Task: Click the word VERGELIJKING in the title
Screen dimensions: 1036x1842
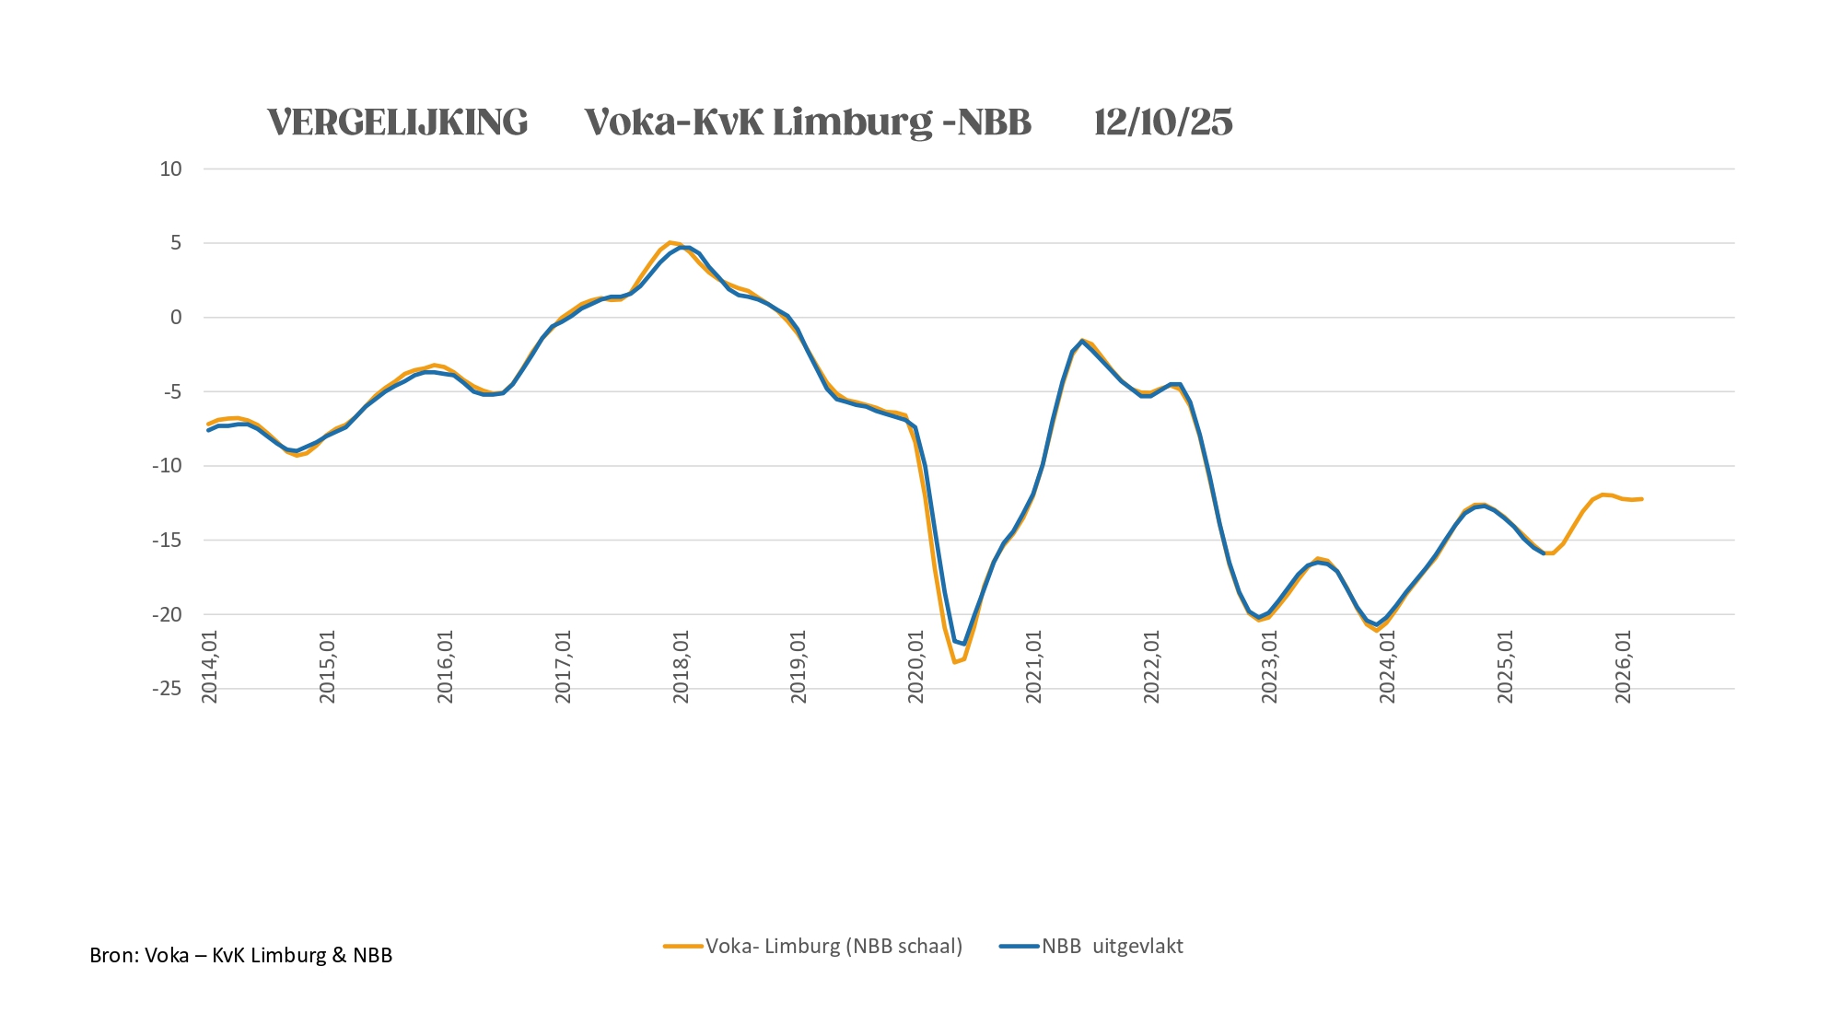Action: [x=398, y=122]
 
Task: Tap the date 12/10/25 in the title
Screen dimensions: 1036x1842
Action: [x=1163, y=122]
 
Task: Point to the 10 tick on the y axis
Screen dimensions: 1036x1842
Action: [x=171, y=169]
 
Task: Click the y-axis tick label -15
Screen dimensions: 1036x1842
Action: [x=167, y=540]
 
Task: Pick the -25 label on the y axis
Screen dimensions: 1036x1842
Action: [x=167, y=688]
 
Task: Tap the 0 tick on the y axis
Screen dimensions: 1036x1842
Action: [x=176, y=318]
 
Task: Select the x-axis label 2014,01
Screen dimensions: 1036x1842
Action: [x=210, y=667]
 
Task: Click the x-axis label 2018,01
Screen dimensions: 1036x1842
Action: [x=681, y=667]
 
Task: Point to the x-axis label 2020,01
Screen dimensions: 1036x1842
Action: [x=916, y=667]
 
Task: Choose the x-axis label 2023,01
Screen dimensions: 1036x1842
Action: [x=1270, y=667]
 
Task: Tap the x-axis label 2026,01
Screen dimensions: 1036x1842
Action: [x=1624, y=667]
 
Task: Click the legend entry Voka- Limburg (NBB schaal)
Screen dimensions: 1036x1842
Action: [x=834, y=946]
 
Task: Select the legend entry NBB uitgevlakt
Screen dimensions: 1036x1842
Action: [x=1113, y=946]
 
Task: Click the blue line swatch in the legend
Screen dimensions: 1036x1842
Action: [x=1019, y=946]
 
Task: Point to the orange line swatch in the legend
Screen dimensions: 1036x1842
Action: [x=682, y=946]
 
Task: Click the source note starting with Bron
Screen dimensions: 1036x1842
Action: [x=241, y=955]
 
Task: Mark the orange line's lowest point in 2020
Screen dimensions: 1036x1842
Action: [x=955, y=662]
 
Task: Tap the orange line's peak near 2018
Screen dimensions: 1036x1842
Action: [x=670, y=242]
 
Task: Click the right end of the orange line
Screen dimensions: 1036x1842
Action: [x=1641, y=499]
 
